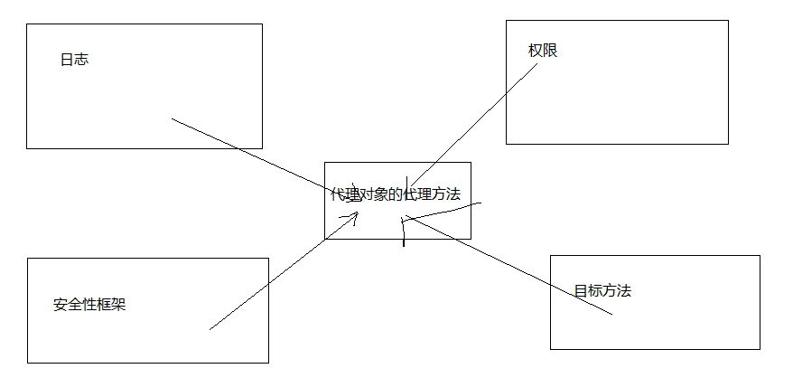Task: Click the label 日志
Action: (x=74, y=60)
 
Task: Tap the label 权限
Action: (x=543, y=51)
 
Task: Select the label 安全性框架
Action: (x=89, y=305)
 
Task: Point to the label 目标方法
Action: (x=602, y=291)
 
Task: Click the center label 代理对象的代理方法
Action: (x=396, y=194)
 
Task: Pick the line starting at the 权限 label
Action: (x=470, y=126)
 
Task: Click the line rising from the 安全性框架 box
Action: (x=271, y=280)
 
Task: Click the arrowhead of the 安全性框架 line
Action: (x=354, y=215)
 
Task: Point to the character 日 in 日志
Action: (x=67, y=60)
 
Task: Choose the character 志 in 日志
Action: (x=81, y=60)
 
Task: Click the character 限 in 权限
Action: (x=550, y=51)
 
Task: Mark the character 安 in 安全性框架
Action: (x=61, y=305)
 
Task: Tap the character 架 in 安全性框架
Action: (x=118, y=305)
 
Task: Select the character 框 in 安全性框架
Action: (x=104, y=305)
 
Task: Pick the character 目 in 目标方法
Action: (x=581, y=291)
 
